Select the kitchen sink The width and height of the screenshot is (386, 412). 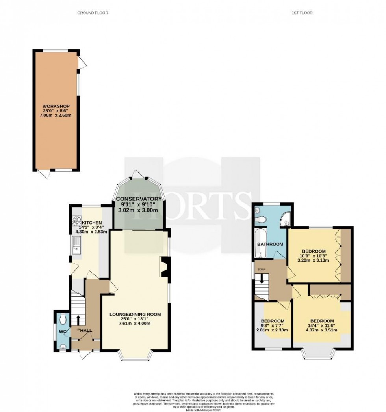point(76,247)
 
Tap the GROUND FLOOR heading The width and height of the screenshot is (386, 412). point(93,13)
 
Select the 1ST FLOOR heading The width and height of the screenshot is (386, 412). point(302,13)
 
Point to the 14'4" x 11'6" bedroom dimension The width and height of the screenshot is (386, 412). point(322,326)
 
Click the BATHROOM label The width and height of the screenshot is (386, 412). point(270,244)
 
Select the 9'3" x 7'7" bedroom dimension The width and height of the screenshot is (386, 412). point(273,326)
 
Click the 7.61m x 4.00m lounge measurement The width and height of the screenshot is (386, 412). point(136,324)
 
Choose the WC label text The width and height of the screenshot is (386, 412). point(62,331)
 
